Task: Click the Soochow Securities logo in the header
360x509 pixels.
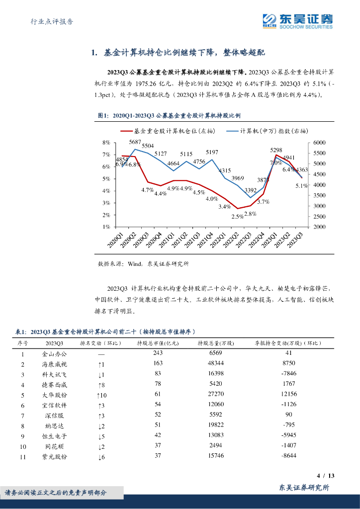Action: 297,21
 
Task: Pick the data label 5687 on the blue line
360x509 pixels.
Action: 135,142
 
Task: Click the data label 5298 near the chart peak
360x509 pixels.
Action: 276,150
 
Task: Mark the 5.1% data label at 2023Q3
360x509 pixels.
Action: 301,185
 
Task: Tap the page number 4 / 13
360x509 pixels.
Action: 326,476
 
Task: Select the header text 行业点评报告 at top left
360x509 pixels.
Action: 52,21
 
